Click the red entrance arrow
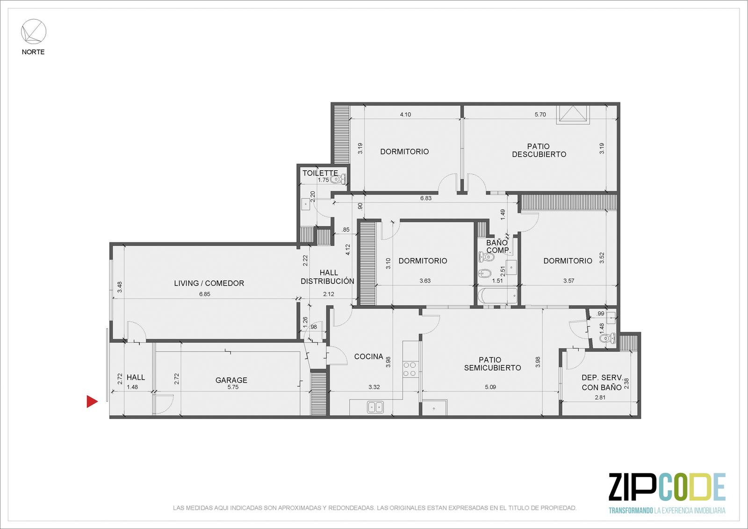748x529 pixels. pyautogui.click(x=92, y=401)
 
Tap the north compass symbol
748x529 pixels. pyautogui.click(x=34, y=31)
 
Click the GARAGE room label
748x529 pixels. pyautogui.click(x=231, y=380)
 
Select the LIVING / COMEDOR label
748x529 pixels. pyautogui.click(x=209, y=283)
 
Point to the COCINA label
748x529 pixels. pyautogui.click(x=368, y=356)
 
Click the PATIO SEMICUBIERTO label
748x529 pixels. pyautogui.click(x=492, y=364)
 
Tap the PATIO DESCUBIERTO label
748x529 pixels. pyautogui.click(x=539, y=151)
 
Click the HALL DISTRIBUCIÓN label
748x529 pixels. pyautogui.click(x=328, y=277)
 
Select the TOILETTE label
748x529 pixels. pyautogui.click(x=320, y=173)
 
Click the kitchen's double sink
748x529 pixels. pyautogui.click(x=375, y=407)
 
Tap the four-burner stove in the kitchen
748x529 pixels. pyautogui.click(x=410, y=369)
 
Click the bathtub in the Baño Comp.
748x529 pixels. pyautogui.click(x=497, y=296)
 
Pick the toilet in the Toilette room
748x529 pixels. pyautogui.click(x=338, y=180)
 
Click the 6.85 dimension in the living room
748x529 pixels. pyautogui.click(x=205, y=294)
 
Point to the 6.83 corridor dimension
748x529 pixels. pyautogui.click(x=426, y=198)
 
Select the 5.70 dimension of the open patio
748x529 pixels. pyautogui.click(x=540, y=114)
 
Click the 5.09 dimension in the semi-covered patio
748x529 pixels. pyautogui.click(x=490, y=387)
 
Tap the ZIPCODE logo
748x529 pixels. pyautogui.click(x=667, y=492)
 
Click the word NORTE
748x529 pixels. pyautogui.click(x=33, y=52)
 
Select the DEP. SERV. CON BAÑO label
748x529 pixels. pyautogui.click(x=602, y=382)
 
